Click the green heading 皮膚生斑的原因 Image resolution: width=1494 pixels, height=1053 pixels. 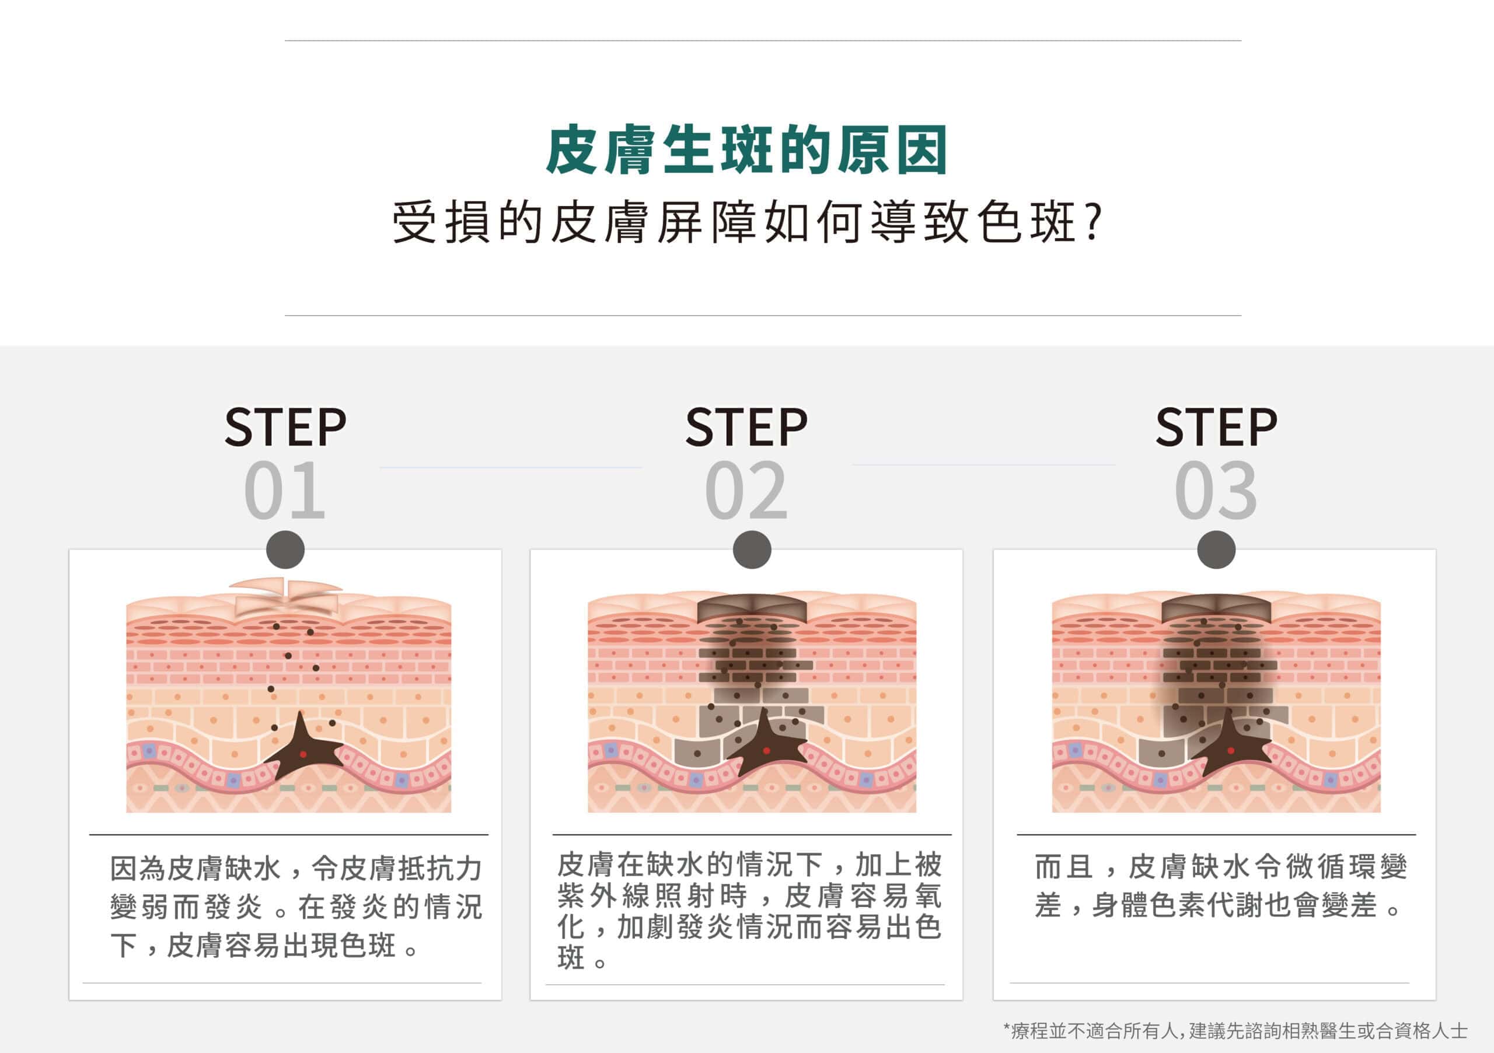pyautogui.click(x=746, y=151)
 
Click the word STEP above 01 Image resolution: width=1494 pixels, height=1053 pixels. pyautogui.click(x=285, y=427)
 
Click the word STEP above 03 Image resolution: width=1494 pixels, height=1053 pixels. pyautogui.click(x=1216, y=427)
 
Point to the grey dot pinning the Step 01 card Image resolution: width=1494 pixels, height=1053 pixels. pyautogui.click(x=285, y=550)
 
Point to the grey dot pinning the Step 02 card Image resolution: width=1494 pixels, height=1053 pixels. pyautogui.click(x=752, y=550)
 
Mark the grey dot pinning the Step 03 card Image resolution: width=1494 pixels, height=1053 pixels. pyautogui.click(x=1216, y=550)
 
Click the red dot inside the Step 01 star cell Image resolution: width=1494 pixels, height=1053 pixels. pyautogui.click(x=302, y=754)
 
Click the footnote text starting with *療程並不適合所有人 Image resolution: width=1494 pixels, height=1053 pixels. pyautogui.click(x=1235, y=1030)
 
